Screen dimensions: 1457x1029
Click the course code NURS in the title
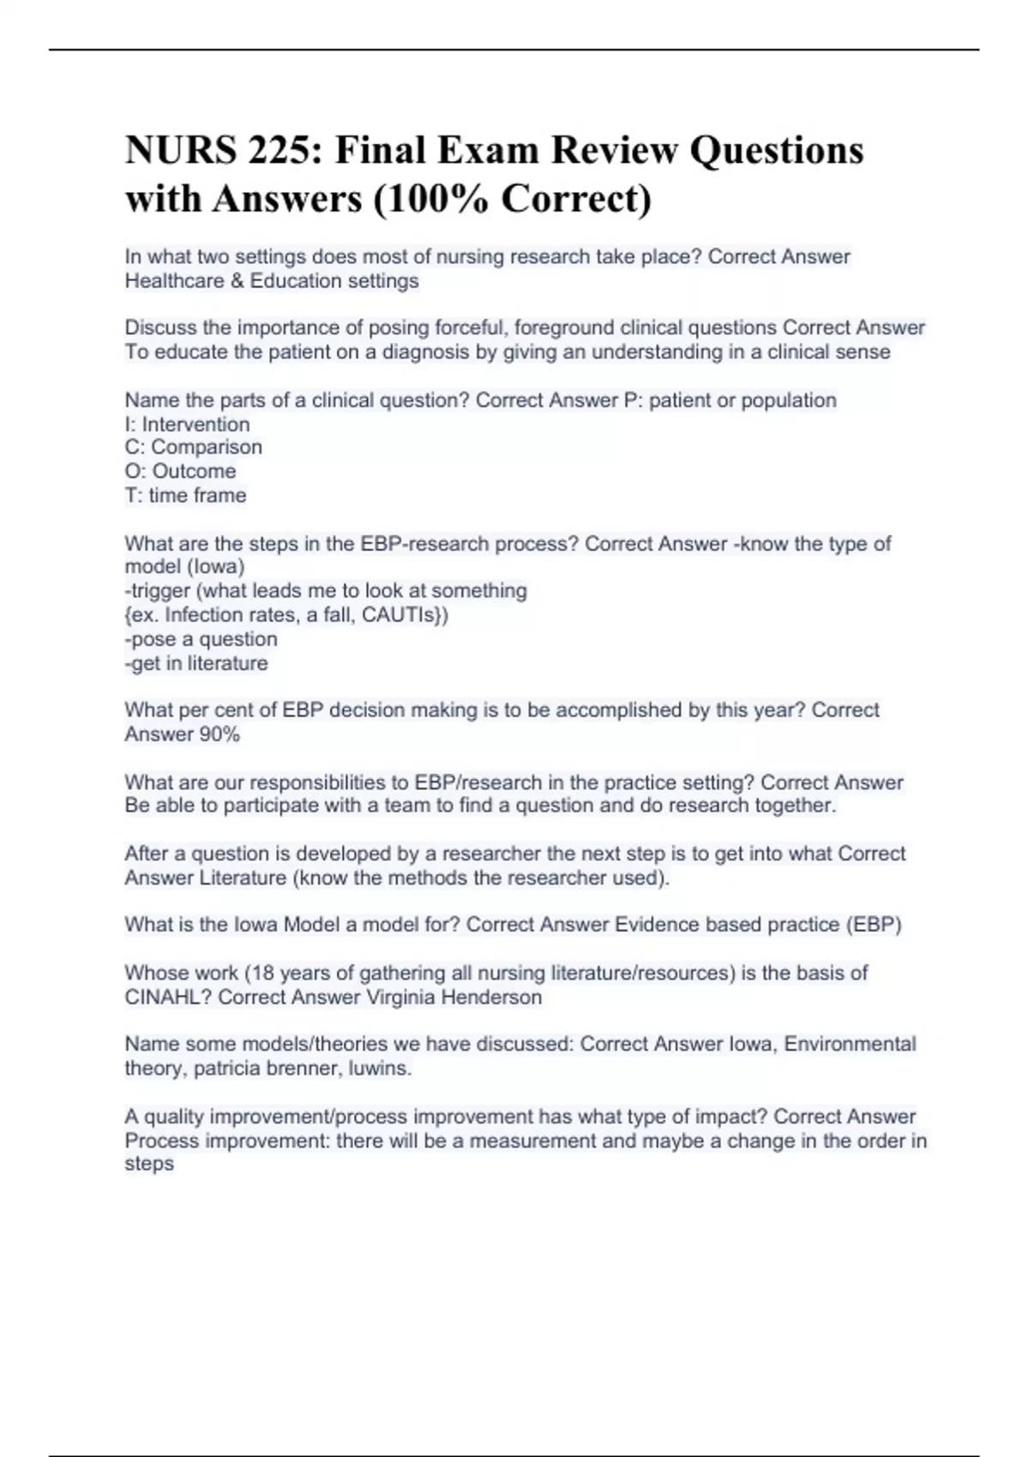tap(179, 151)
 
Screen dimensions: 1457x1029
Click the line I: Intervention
tap(187, 424)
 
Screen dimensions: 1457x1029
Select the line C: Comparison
tap(193, 447)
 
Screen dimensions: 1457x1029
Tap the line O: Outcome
tap(180, 471)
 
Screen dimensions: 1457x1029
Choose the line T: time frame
tap(185, 495)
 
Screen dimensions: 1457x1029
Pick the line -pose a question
tap(201, 639)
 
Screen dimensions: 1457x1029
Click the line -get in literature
tap(196, 663)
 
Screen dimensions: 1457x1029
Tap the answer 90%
tap(220, 734)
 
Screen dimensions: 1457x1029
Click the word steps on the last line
tap(149, 1164)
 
